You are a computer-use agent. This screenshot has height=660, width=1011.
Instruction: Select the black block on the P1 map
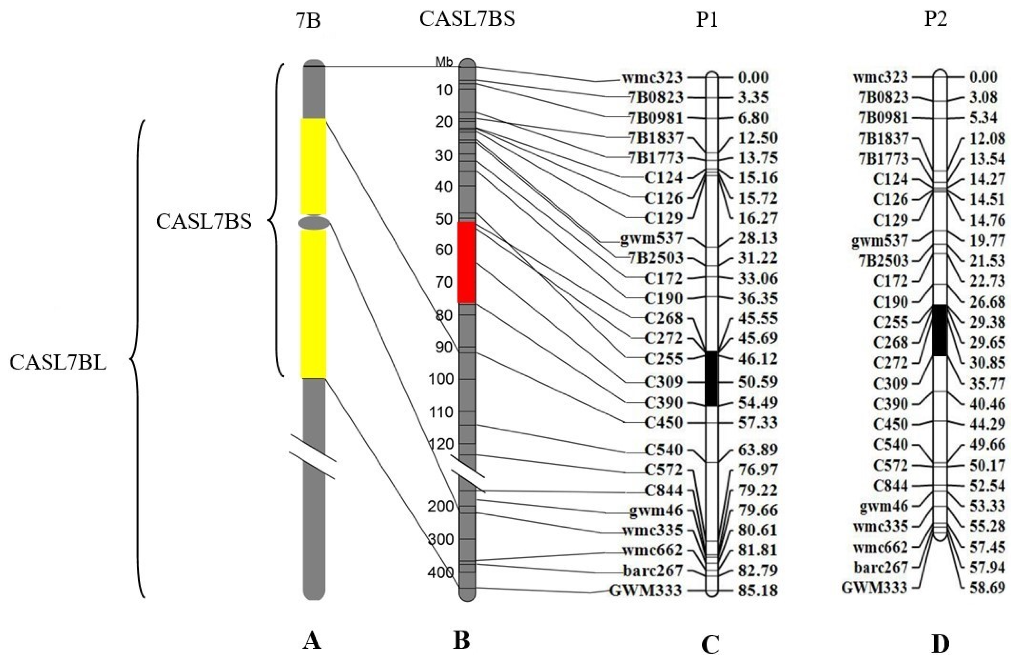tap(711, 378)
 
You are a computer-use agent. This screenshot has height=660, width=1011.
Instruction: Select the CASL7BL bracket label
tap(58, 363)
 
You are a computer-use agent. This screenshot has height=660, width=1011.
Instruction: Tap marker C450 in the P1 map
tap(663, 422)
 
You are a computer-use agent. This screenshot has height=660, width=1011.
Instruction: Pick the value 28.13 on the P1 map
tap(758, 238)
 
